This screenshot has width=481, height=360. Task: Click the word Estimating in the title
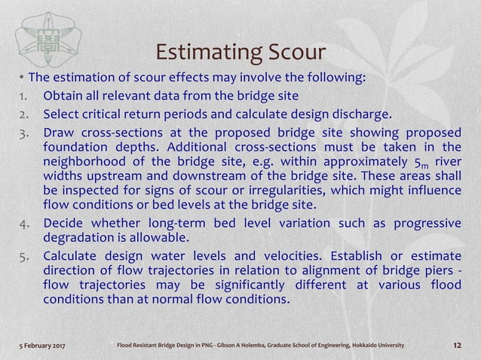(x=203, y=53)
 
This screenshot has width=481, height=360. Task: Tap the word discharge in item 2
(x=363, y=114)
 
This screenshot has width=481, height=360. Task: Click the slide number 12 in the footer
(x=455, y=345)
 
